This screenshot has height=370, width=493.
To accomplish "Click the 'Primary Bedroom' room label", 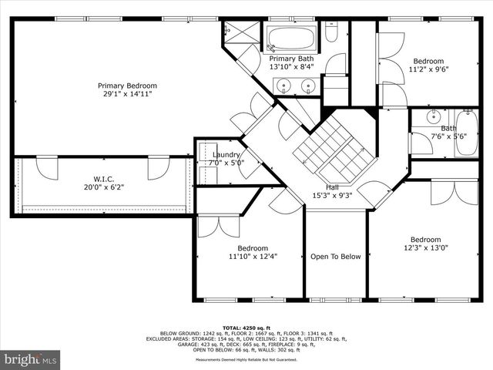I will [127, 86].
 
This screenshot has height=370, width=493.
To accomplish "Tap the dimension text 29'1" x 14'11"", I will [127, 94].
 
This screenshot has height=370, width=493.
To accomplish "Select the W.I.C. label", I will [104, 178].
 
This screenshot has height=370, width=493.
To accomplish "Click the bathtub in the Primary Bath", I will [290, 39].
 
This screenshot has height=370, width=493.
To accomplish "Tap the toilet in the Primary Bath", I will [332, 33].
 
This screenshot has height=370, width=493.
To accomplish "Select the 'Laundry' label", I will [226, 154].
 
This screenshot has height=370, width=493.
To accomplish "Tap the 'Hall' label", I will [332, 187].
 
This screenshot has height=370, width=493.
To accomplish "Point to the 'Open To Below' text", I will [335, 257].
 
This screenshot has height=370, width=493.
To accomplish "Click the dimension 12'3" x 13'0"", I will [425, 248].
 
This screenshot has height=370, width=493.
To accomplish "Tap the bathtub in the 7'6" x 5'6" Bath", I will [466, 132].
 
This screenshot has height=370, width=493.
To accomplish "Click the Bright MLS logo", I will [31, 359].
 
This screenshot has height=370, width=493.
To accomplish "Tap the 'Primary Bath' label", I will [291, 59].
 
